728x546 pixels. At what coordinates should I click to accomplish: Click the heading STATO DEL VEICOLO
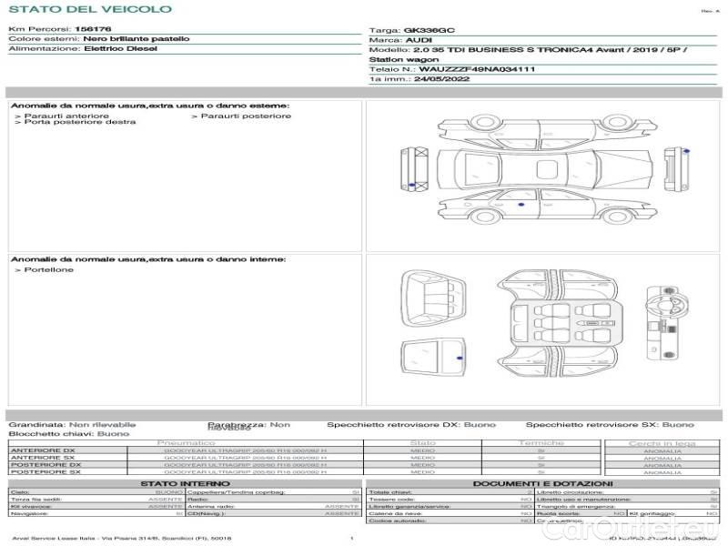(89, 9)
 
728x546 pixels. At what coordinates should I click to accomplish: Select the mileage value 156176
(92, 29)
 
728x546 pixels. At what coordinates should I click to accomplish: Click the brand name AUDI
(419, 40)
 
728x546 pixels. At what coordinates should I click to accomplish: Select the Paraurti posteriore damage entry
(245, 116)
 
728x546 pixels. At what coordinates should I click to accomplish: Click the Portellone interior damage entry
(49, 269)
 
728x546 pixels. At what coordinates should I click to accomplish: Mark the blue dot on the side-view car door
(521, 205)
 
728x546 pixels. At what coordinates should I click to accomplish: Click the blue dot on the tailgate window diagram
(459, 360)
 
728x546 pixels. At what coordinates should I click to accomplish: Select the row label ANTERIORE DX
(43, 450)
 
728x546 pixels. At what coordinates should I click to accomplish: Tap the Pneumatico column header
(191, 442)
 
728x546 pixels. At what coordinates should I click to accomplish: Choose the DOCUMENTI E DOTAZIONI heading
(542, 483)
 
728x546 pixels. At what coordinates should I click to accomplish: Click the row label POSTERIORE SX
(43, 472)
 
